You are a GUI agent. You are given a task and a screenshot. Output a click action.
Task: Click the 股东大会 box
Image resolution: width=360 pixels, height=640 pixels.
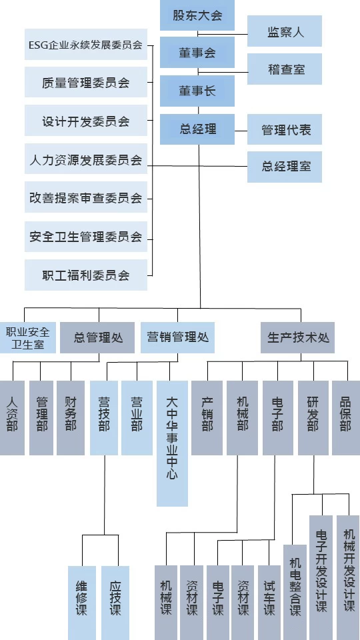click(x=197, y=15)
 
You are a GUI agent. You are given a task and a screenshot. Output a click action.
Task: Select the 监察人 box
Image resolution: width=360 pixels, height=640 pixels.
click(x=285, y=31)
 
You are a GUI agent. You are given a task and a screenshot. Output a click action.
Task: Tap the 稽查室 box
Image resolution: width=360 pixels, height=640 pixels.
click(x=285, y=69)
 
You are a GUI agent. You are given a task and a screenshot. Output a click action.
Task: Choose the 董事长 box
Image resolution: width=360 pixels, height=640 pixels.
click(x=197, y=91)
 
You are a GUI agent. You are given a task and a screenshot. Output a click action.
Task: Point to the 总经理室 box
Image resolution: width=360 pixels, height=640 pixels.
click(x=285, y=167)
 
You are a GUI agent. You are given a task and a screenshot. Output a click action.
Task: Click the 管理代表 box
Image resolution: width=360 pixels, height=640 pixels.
click(x=285, y=129)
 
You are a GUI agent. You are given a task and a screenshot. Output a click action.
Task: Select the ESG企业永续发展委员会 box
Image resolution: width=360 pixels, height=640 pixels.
click(x=86, y=45)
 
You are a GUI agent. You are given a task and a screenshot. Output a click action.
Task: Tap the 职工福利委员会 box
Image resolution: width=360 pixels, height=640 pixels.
click(x=86, y=275)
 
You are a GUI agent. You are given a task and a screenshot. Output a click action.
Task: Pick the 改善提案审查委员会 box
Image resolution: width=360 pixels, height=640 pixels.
click(x=86, y=197)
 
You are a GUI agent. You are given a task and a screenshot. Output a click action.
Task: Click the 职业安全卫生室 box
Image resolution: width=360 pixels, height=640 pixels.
click(x=28, y=337)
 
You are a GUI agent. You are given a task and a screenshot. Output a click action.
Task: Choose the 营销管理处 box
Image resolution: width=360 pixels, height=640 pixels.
click(x=177, y=337)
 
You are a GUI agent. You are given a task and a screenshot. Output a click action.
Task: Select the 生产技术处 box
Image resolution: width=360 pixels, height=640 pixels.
click(x=297, y=337)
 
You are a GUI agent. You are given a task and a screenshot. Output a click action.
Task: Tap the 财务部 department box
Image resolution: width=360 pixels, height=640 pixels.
click(x=71, y=418)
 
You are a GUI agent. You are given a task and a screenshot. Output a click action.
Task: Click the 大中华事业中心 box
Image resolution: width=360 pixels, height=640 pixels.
click(x=172, y=444)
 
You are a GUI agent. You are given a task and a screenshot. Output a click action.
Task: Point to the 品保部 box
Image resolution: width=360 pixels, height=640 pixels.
click(x=346, y=418)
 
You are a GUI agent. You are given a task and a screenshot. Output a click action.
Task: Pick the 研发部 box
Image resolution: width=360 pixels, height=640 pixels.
click(x=313, y=418)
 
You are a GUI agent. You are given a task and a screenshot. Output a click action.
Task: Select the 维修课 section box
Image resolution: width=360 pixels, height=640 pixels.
click(x=82, y=603)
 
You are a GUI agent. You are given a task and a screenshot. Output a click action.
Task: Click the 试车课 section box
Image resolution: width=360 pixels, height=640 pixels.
click(x=269, y=603)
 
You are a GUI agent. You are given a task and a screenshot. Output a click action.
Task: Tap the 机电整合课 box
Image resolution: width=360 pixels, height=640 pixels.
click(x=295, y=592)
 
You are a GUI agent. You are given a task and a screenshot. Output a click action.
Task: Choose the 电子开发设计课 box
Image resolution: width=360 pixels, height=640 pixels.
click(x=321, y=577)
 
